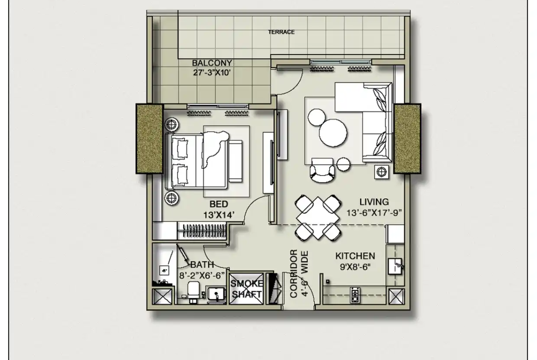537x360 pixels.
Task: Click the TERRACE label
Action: (281, 32)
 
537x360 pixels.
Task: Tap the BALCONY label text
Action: (212, 63)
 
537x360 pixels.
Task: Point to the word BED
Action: (218, 204)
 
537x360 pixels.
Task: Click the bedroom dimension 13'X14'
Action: (219, 215)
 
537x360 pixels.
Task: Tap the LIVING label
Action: (374, 202)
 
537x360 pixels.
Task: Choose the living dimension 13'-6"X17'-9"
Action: (374, 212)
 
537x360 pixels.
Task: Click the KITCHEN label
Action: (355, 256)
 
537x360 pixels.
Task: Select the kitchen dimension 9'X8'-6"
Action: (356, 266)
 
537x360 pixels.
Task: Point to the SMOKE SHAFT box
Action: (246, 288)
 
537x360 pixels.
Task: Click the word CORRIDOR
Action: (293, 273)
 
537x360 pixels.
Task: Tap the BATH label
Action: (202, 265)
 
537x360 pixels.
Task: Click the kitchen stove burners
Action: (355, 294)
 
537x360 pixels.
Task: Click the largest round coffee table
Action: (333, 133)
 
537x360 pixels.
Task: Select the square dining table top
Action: (318, 218)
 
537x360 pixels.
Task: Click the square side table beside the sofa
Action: (381, 172)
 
